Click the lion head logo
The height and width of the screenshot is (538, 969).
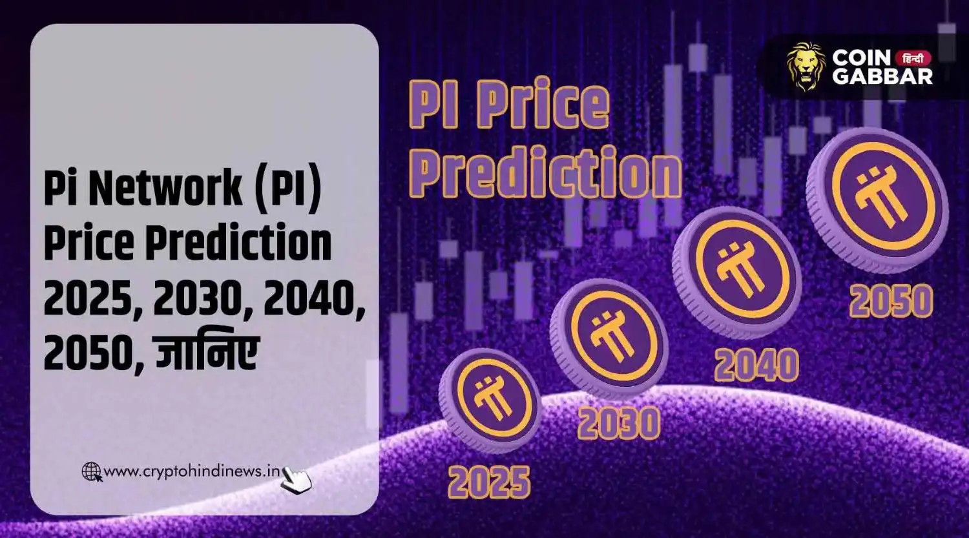click(x=806, y=66)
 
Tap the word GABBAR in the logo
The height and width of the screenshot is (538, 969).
click(x=882, y=76)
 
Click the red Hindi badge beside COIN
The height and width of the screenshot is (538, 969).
click(x=913, y=57)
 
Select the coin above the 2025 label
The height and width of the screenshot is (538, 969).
click(x=490, y=400)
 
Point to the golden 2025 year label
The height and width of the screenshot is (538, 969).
click(x=490, y=482)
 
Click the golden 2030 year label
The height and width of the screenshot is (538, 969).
click(x=619, y=424)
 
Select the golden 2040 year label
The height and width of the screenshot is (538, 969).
click(x=756, y=365)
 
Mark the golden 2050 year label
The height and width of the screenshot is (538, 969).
click(x=891, y=301)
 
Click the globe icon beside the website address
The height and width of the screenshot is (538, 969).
click(x=92, y=472)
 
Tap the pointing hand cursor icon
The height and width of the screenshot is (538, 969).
click(x=297, y=480)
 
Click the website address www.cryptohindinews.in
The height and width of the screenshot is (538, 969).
click(x=192, y=471)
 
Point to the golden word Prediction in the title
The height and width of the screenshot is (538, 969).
click(x=546, y=171)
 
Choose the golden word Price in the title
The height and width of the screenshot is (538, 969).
click(x=546, y=105)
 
